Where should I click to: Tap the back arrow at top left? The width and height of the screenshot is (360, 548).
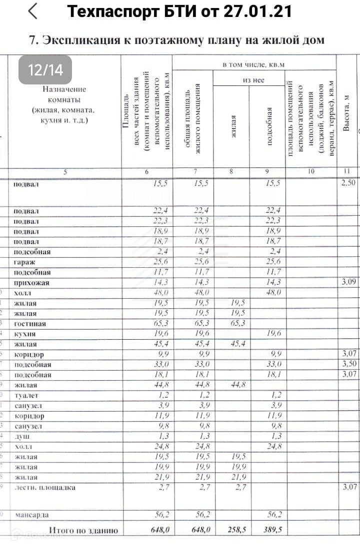pyautogui.click(x=33, y=11)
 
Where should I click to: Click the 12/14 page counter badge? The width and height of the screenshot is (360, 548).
pyautogui.click(x=45, y=69)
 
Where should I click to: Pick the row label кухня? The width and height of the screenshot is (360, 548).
pyautogui.click(x=25, y=334)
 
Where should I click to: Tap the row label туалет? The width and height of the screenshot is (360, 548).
pyautogui.click(x=26, y=396)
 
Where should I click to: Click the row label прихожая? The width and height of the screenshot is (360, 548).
pyautogui.click(x=31, y=283)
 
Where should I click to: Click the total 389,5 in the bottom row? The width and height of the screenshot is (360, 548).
pyautogui.click(x=273, y=530)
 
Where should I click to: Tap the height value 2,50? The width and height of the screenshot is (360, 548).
pyautogui.click(x=348, y=183)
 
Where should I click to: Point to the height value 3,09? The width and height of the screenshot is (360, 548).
pyautogui.click(x=348, y=283)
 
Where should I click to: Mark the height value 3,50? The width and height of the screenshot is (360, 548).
pyautogui.click(x=348, y=364)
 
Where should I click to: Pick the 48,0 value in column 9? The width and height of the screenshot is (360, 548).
pyautogui.click(x=273, y=293)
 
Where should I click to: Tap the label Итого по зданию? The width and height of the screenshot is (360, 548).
pyautogui.click(x=83, y=530)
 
